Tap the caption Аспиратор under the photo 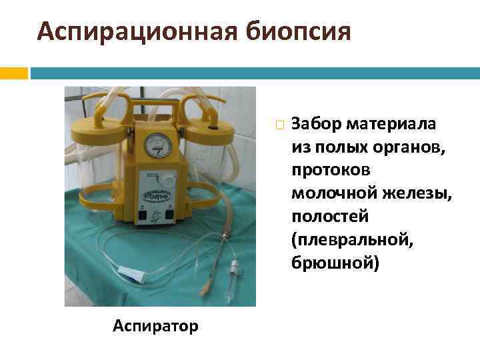(x=155, y=326)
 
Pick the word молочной (x=326, y=194)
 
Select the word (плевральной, (x=352, y=241)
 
